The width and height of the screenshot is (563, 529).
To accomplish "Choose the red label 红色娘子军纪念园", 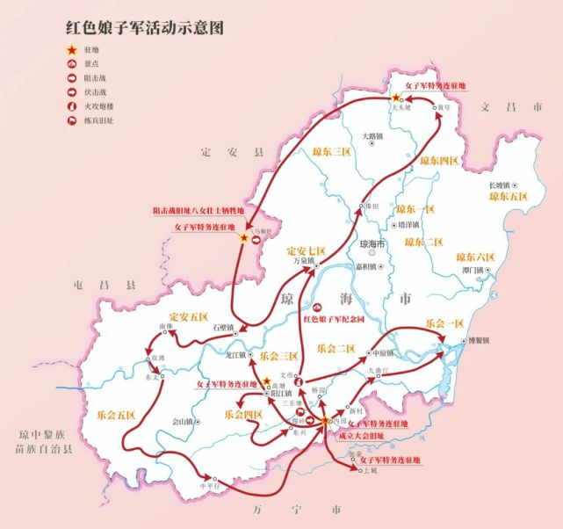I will pyautogui.click(x=341, y=320).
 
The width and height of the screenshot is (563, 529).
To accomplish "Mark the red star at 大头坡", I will pyautogui.click(x=395, y=99).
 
